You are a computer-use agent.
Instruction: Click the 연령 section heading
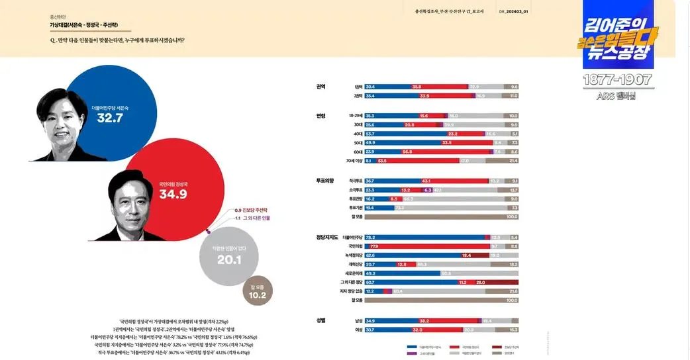tap(320, 116)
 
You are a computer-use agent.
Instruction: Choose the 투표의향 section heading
tap(324, 180)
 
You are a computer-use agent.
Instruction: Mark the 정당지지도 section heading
tap(327, 237)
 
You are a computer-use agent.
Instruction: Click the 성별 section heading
tap(320, 320)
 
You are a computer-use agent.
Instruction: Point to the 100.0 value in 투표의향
tap(512, 216)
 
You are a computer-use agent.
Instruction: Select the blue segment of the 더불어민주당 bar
tap(424, 237)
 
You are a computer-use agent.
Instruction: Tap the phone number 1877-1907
tap(617, 79)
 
